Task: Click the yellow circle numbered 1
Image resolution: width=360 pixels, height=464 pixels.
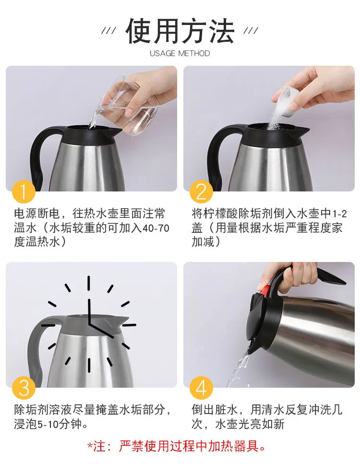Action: click(x=24, y=191)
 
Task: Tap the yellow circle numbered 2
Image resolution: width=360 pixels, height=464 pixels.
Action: click(x=201, y=191)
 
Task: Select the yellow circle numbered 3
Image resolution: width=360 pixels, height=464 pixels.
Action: click(x=24, y=388)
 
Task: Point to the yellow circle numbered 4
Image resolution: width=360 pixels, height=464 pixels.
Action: click(x=201, y=388)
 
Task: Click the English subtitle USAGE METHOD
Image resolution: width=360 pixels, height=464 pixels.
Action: click(x=180, y=53)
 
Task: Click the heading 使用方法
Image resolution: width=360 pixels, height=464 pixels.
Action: click(x=180, y=31)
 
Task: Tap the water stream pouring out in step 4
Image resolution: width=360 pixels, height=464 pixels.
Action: click(x=239, y=367)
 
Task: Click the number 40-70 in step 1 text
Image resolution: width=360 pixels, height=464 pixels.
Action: click(x=156, y=228)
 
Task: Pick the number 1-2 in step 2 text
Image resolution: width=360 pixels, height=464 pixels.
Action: click(x=339, y=214)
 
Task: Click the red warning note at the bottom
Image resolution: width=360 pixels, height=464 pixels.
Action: click(x=177, y=446)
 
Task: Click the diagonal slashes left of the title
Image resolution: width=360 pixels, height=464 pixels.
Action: click(x=108, y=31)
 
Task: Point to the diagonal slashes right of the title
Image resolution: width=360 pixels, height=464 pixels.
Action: click(x=251, y=31)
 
